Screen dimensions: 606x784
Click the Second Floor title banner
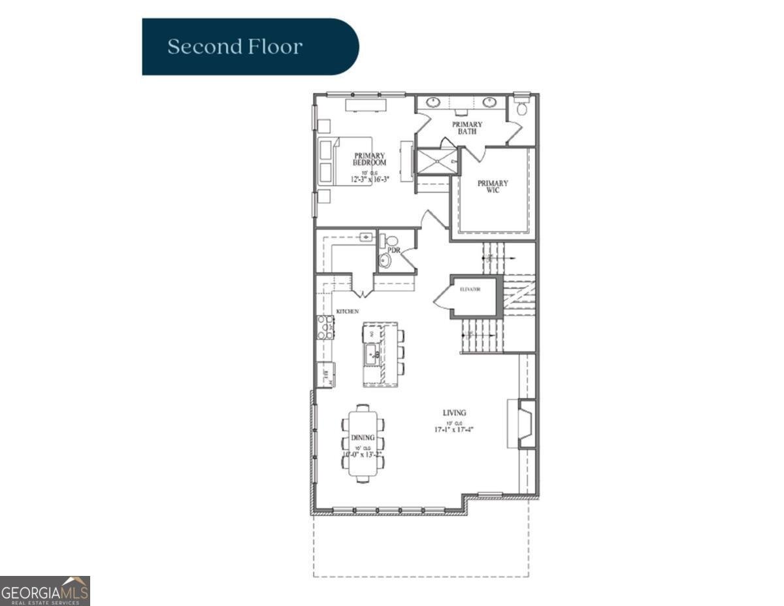tap(250, 47)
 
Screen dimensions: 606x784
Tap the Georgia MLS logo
tap(45, 590)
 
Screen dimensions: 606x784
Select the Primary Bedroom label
tap(370, 159)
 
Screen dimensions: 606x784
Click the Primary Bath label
tap(467, 127)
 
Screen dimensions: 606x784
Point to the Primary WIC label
tap(493, 187)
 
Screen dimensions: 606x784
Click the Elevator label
tap(470, 289)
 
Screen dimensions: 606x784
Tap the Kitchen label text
tap(348, 312)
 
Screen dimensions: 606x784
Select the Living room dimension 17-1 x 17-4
tap(454, 429)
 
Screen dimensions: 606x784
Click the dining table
tap(363, 443)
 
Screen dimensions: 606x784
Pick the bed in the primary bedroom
tap(346, 161)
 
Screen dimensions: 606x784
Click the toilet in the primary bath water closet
tap(521, 108)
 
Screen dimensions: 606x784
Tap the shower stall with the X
tap(437, 161)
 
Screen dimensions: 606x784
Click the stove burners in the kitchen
tap(325, 327)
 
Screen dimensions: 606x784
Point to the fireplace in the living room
tap(524, 424)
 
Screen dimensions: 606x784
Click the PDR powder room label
tap(394, 250)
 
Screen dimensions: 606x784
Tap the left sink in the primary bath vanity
tap(433, 102)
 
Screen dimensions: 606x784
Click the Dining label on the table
tap(363, 437)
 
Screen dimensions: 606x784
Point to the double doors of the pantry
tap(363, 286)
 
